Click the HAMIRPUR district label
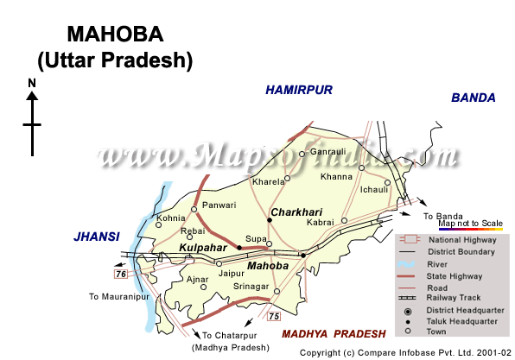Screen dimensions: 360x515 [298, 90]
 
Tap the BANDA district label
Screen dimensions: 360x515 [473, 98]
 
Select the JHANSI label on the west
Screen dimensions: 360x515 [96, 235]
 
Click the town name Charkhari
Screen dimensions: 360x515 [296, 211]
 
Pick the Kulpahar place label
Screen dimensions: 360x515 [203, 248]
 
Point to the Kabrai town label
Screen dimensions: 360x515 [321, 222]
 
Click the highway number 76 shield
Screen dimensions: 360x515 [121, 274]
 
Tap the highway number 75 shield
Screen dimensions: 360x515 [275, 317]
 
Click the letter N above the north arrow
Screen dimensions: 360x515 [31, 83]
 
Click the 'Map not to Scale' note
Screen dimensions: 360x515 [470, 224]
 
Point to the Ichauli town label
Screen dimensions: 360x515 [375, 188]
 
